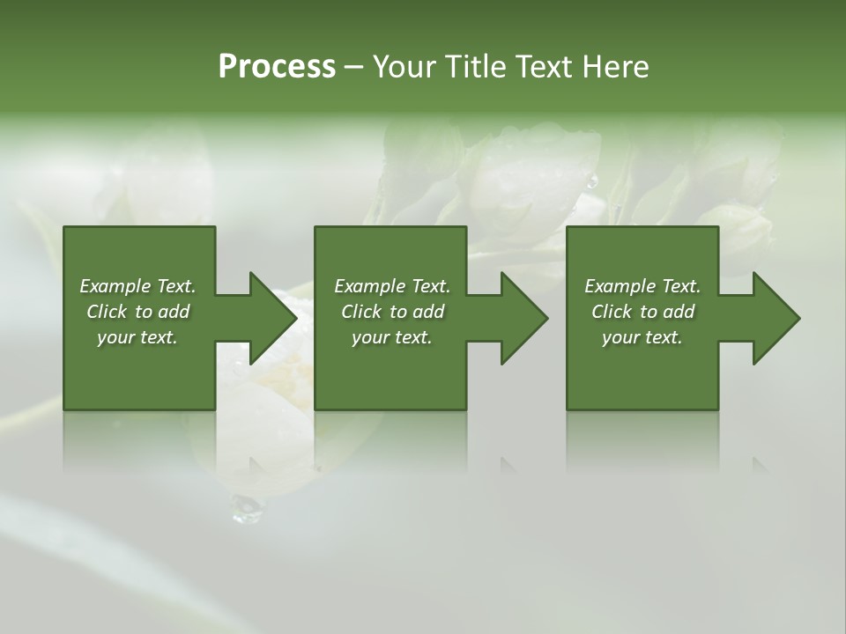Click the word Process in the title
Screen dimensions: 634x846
click(277, 67)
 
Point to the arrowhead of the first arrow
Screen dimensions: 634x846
click(274, 318)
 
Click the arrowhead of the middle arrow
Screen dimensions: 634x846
click(525, 318)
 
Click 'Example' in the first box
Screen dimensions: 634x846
click(115, 286)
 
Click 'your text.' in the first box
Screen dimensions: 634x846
click(137, 337)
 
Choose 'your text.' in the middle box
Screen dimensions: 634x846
click(392, 337)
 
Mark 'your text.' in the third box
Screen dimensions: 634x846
click(642, 337)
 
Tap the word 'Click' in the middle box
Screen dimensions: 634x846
click(361, 312)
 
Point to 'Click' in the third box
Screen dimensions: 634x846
click(612, 312)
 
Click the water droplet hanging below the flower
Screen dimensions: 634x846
click(247, 507)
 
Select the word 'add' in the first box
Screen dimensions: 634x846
click(174, 312)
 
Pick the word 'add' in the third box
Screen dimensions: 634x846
click(679, 312)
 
